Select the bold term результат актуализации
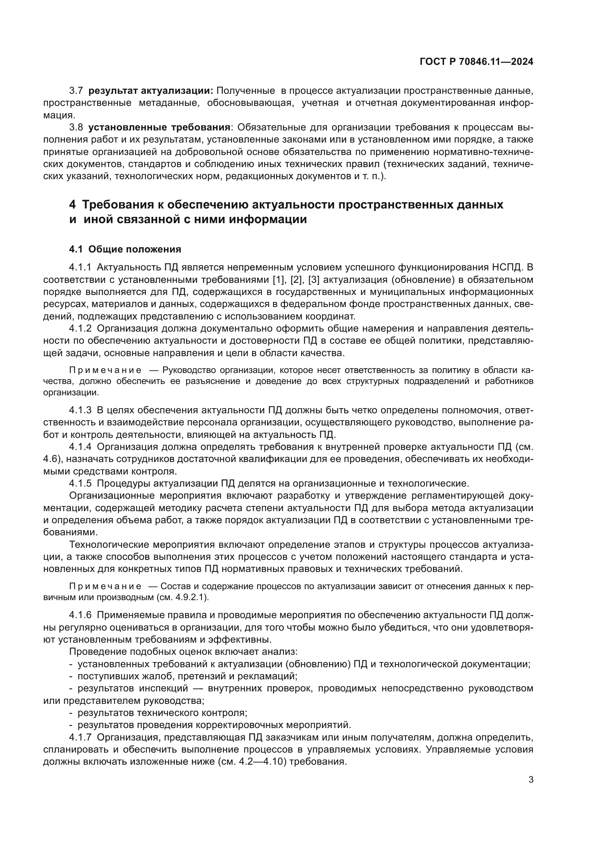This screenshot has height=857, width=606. coord(151,91)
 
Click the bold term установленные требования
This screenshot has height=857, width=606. coord(159,127)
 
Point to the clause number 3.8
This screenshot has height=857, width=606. coord(76,127)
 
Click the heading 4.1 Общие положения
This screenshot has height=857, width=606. coord(125,249)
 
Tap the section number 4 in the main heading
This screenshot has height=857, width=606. coord(73,204)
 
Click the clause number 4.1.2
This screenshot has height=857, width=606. coord(80,328)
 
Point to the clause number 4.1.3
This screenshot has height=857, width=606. coord(80,410)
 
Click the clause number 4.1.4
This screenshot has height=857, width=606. coord(80,447)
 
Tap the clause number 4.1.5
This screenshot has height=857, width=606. coord(80,483)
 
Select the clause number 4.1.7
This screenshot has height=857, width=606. coord(80,738)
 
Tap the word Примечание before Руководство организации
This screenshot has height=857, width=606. coord(105,370)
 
